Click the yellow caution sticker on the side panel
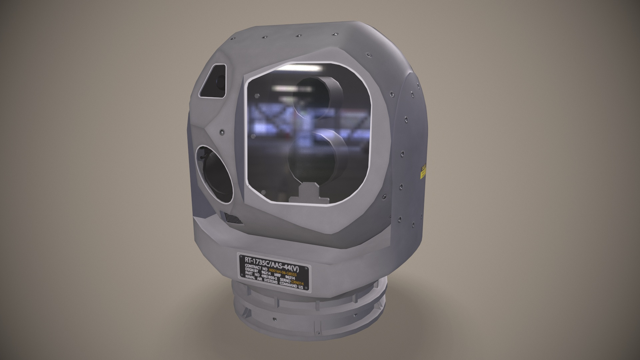point(423,171)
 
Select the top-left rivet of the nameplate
point(240,256)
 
